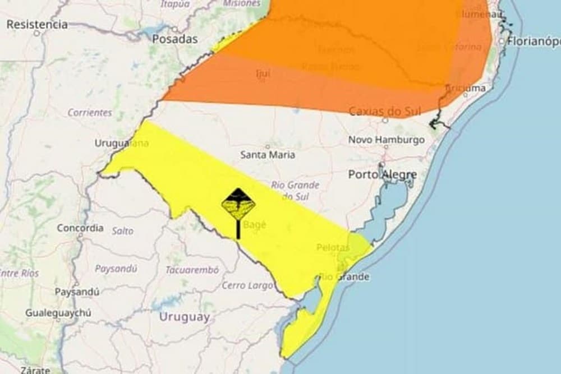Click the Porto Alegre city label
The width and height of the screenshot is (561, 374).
coord(382,175)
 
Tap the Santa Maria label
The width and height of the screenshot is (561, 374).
coord(268,155)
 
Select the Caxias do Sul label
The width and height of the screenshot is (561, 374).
coord(385,112)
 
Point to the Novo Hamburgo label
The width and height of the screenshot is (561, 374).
coord(387,140)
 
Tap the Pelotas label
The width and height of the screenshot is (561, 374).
coord(333,247)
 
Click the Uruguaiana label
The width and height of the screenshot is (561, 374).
coord(121,143)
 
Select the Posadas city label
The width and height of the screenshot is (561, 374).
coord(175,39)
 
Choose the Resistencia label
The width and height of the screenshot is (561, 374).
coord(37,25)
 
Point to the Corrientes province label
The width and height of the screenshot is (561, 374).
coord(90,112)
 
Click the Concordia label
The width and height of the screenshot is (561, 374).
coord(80,228)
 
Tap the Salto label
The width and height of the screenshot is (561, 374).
coord(122,230)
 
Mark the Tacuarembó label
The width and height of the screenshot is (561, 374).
coord(192,270)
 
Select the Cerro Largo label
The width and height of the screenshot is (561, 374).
coord(247,285)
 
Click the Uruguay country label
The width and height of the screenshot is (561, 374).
coord(185,317)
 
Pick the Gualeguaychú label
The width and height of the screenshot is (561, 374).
coord(58,313)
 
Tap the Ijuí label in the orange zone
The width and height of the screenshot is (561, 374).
coord(263,73)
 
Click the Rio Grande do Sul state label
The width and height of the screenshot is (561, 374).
coord(295,190)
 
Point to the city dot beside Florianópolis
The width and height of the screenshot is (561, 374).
coord(502,41)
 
